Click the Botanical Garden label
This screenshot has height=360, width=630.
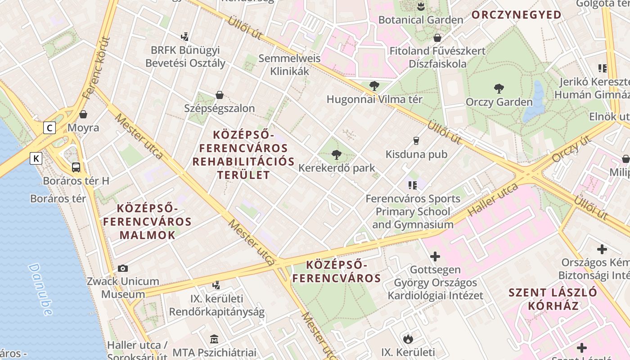point(420,20)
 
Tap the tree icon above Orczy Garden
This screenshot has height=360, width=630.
point(499,88)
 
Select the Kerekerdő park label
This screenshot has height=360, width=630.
point(337,168)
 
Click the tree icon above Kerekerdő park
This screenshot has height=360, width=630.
point(336,155)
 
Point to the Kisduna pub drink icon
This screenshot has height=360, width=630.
point(416,141)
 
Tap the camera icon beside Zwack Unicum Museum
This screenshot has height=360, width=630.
point(122,269)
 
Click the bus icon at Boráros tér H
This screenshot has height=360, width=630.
point(76,167)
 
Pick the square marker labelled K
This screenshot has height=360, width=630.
point(36,158)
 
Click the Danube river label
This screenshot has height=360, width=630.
point(40,288)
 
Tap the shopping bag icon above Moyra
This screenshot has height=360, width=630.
point(83,114)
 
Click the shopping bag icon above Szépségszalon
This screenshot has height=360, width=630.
point(220,95)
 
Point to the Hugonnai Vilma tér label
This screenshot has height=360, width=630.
point(374,99)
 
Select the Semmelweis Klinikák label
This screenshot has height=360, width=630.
point(289,64)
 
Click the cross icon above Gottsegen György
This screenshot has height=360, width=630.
point(435,256)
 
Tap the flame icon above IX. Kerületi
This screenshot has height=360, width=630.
point(408,338)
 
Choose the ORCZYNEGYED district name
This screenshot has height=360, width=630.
point(516,15)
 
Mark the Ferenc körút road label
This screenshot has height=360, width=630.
point(95,67)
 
